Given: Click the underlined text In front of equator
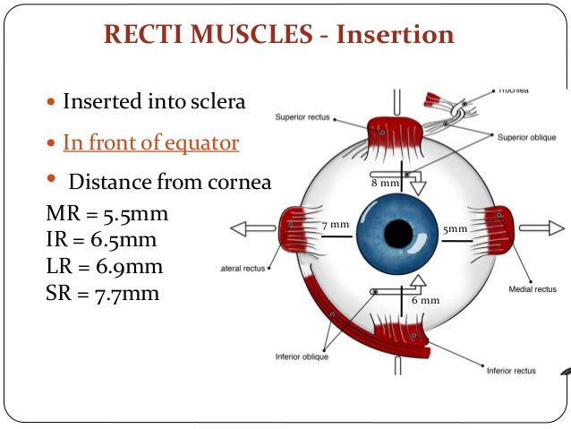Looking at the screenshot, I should (x=150, y=142).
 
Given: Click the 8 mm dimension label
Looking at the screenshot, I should (x=386, y=183).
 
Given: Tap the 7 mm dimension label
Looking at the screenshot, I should (x=335, y=224).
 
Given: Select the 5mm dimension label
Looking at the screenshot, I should (x=455, y=229).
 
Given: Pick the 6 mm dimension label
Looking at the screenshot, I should (x=425, y=300).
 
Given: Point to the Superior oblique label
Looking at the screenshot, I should (x=522, y=136).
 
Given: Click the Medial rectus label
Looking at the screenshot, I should (x=531, y=289).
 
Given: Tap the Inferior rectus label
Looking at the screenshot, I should (x=511, y=369).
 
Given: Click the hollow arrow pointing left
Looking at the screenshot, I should (x=251, y=228).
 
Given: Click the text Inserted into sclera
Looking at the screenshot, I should (x=153, y=101).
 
